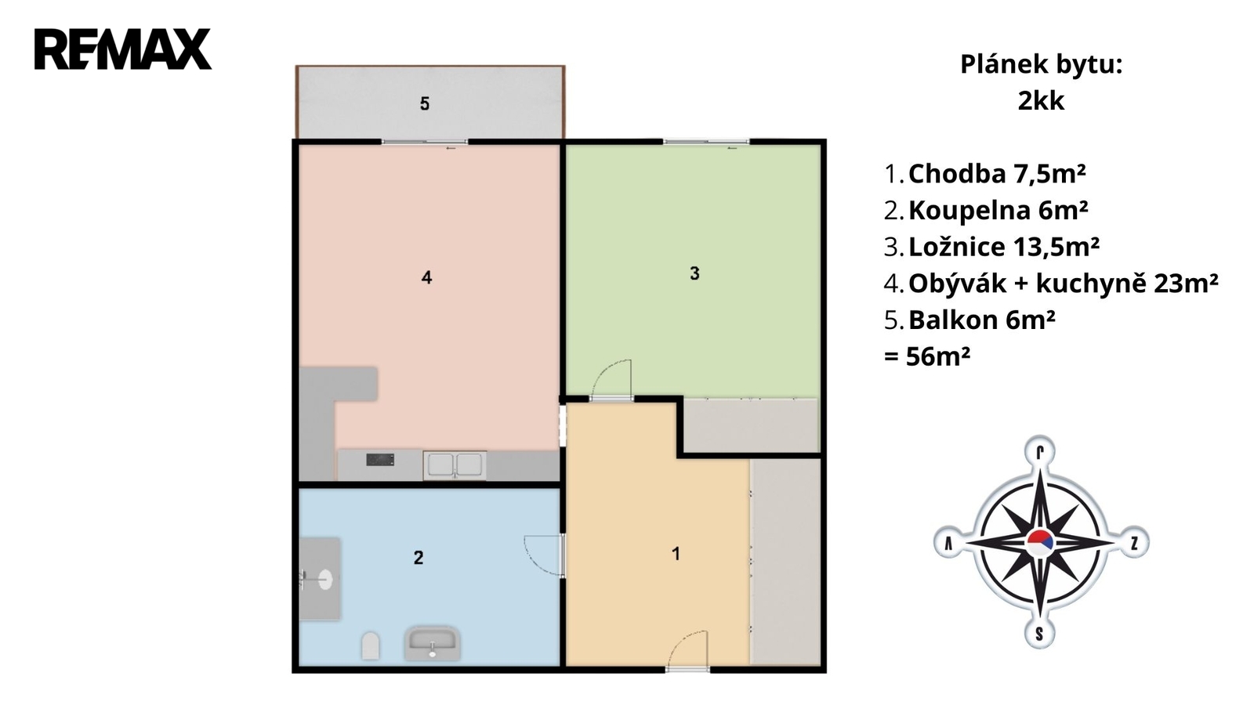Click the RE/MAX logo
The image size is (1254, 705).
pos(123,49)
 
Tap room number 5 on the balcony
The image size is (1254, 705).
pos(425,103)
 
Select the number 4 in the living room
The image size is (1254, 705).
pos(426,277)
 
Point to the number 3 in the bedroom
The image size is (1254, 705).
pos(694,273)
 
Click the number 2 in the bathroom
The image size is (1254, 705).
pos(419,557)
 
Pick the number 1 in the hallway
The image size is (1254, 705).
pos(676,553)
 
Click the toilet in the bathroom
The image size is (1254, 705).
pos(371,645)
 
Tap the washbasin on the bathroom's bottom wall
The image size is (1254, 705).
pos(433,644)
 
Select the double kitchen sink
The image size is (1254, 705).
pos(455,465)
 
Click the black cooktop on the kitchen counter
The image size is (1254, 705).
pos(380,460)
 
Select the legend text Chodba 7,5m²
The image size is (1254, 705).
pos(997,174)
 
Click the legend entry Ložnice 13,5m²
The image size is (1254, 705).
pos(1004,247)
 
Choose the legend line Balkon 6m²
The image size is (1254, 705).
pos(982,320)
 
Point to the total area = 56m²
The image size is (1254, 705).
pos(927,356)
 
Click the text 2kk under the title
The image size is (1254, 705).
pos(1042,101)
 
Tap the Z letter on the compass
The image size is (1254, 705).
pos(1134,543)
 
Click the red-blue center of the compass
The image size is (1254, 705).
pos(1040,543)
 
